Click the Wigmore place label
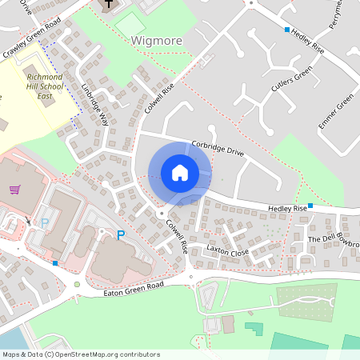(x=157, y=40)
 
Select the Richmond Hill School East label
(x=45, y=84)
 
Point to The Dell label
(x=319, y=239)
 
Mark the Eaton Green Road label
(x=134, y=289)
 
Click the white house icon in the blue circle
(x=180, y=173)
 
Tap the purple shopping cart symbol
(x=15, y=189)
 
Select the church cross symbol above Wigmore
(x=108, y=6)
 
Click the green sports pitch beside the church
(x=130, y=24)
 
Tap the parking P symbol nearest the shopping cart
(x=45, y=223)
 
